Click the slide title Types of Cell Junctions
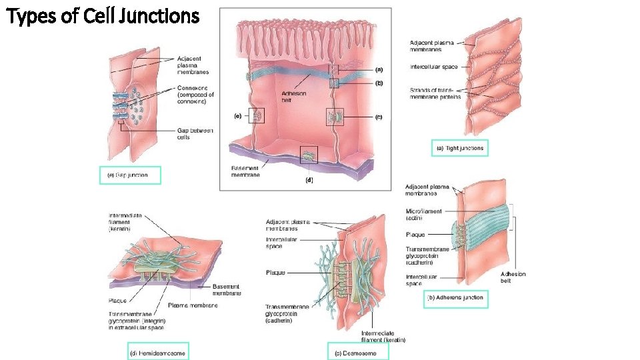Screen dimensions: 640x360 pyautogui.click(x=103, y=15)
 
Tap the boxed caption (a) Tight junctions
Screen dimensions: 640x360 pyautogui.click(x=460, y=147)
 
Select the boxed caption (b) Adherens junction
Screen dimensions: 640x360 pyautogui.click(x=456, y=298)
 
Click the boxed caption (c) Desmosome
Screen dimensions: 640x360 pyautogui.click(x=358, y=353)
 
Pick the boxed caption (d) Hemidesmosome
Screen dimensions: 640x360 pyautogui.click(x=157, y=351)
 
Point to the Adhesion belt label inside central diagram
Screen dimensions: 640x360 pyautogui.click(x=294, y=97)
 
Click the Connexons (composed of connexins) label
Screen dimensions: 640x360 pyautogui.click(x=196, y=93)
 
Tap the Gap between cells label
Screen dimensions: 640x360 pyautogui.click(x=195, y=134)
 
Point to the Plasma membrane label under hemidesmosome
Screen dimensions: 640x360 pyautogui.click(x=192, y=305)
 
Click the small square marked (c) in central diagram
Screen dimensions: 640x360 pyautogui.click(x=335, y=117)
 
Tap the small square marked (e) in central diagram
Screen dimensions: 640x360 pyautogui.click(x=257, y=116)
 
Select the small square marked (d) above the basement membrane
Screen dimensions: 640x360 pyautogui.click(x=309, y=155)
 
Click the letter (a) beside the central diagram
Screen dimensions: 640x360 pyautogui.click(x=379, y=69)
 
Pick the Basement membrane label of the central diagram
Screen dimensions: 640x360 pyautogui.click(x=245, y=171)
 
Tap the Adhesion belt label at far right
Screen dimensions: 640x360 pyautogui.click(x=513, y=277)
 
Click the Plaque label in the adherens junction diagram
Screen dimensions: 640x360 pyautogui.click(x=415, y=235)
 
